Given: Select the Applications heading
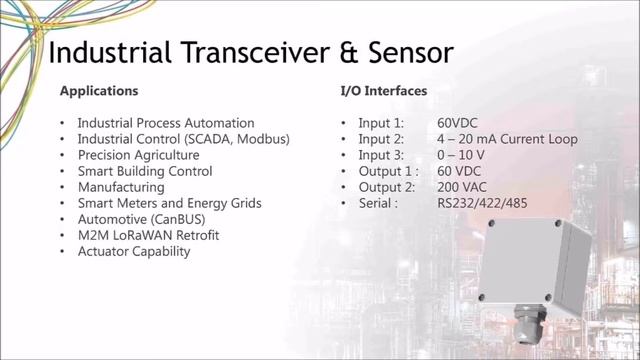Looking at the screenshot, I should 99,91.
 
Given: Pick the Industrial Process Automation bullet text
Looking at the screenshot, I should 166,123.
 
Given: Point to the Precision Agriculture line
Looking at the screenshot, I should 138,155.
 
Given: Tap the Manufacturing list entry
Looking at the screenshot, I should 121,187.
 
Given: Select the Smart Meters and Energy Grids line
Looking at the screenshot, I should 169,203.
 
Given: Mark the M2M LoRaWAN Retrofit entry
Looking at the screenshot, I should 147,235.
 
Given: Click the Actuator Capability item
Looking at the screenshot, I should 133,251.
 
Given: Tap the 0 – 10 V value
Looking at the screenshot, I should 461,155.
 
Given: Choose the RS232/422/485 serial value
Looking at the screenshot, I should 483,203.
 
